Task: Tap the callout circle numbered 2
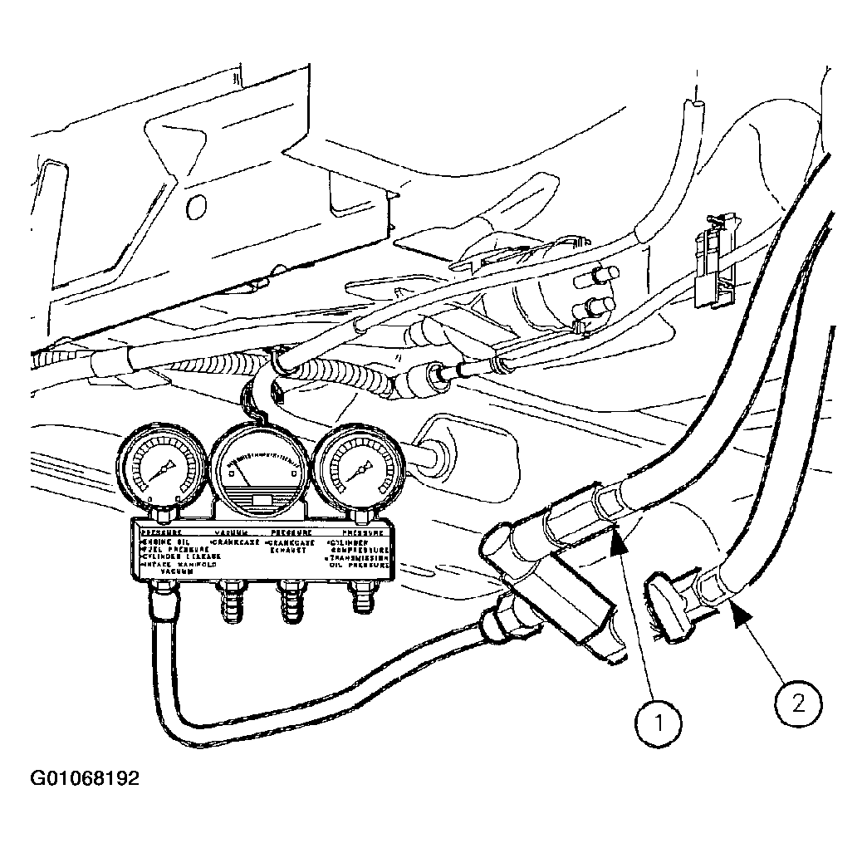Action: coord(798,704)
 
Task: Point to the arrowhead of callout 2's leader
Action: coord(736,614)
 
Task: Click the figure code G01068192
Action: coord(85,779)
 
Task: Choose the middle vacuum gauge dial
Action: coord(259,470)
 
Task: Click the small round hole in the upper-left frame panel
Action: coord(196,205)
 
